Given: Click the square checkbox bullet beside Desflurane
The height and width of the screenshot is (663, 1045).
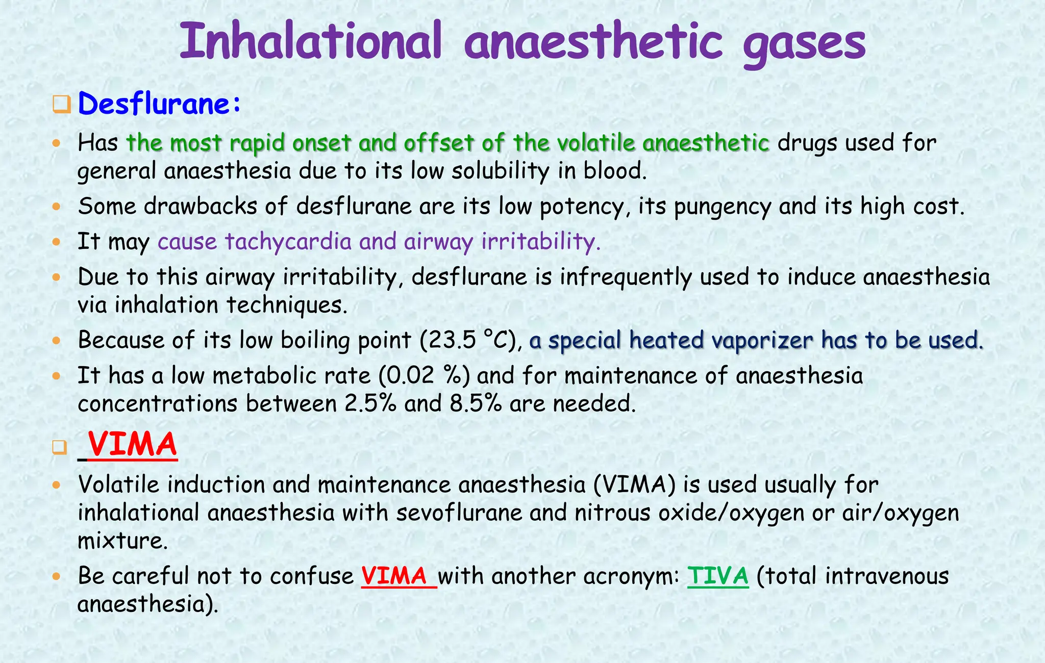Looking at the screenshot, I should click(61, 105).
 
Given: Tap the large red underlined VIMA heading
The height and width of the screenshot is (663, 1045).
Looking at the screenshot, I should click(132, 445).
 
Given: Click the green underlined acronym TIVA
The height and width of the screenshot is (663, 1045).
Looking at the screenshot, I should click(718, 576).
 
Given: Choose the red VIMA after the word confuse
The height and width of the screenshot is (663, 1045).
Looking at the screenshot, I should click(394, 576).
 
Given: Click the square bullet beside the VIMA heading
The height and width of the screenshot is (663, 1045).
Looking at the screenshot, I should click(60, 447).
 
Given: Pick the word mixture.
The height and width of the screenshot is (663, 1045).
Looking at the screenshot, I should click(122, 541).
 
